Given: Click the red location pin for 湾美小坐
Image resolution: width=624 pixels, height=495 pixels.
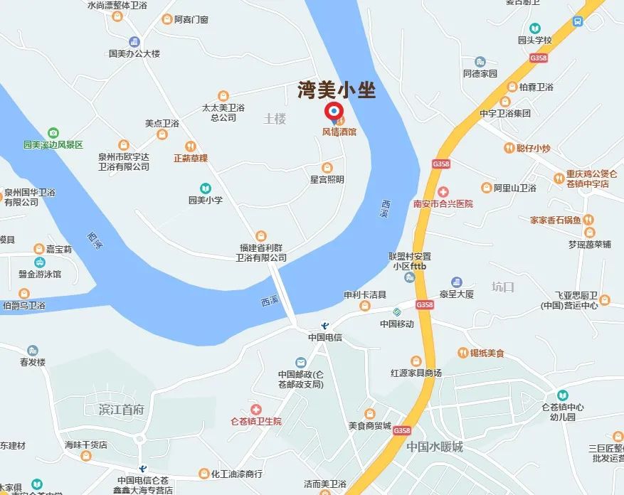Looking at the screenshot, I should (x=333, y=112).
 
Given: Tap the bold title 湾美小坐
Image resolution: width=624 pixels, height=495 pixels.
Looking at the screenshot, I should (x=336, y=90).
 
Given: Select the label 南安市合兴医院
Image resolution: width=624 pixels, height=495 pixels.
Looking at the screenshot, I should (x=443, y=203).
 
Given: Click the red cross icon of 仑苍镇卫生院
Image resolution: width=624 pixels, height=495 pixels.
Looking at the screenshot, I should (x=255, y=410).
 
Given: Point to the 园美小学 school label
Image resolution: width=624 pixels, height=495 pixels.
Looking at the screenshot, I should (x=206, y=200).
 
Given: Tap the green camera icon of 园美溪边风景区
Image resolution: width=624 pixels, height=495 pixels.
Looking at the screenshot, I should (x=53, y=133).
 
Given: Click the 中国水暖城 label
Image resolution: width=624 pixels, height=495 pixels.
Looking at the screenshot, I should (x=435, y=447).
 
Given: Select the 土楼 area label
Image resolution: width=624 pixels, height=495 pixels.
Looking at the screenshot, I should (x=275, y=118).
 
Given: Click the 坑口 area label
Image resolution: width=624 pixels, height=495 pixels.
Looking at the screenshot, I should (x=502, y=287).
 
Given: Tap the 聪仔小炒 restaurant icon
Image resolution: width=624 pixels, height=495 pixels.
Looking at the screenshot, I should (x=509, y=148).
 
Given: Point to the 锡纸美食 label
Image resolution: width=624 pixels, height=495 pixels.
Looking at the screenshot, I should (x=487, y=353).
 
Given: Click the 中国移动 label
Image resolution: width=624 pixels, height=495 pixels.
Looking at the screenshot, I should (x=397, y=324).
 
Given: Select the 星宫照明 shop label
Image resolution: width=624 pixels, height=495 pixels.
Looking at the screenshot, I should (x=327, y=179).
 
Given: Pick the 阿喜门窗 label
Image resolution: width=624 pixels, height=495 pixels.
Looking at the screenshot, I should (x=191, y=19).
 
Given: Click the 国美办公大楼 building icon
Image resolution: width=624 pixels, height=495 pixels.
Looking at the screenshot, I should (x=134, y=42).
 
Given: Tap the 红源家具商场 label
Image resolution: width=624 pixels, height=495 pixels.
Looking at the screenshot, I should (x=416, y=373).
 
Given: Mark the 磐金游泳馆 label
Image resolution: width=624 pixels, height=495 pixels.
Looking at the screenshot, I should (x=40, y=274).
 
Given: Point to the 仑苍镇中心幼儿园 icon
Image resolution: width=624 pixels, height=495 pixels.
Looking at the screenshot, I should (x=563, y=395).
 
